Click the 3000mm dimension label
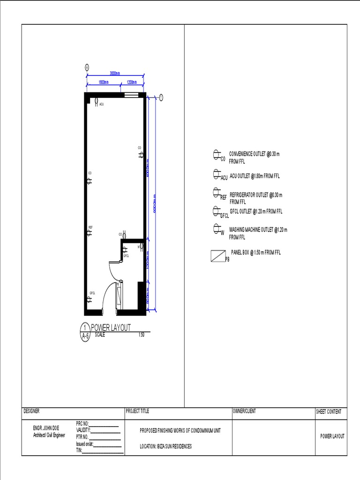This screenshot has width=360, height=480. click(x=115, y=73)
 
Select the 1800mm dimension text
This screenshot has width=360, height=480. click(x=103, y=82)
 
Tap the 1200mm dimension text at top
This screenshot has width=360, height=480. click(x=131, y=82)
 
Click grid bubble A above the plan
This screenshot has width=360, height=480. click(x=87, y=67)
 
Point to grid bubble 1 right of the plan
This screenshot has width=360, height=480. click(x=161, y=97)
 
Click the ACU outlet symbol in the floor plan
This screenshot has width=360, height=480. click(x=96, y=101)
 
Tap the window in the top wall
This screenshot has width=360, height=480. click(x=131, y=95)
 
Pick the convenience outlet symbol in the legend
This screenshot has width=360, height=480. click(x=217, y=155)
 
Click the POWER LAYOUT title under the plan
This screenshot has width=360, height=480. click(x=111, y=327)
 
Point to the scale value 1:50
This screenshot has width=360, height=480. click(x=142, y=335)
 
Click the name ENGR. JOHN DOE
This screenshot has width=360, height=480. click(x=46, y=428)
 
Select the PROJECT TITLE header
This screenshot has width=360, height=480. click(x=137, y=411)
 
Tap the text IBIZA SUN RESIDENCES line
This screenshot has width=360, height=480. click(x=166, y=446)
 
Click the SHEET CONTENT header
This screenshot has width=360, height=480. click(x=329, y=412)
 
